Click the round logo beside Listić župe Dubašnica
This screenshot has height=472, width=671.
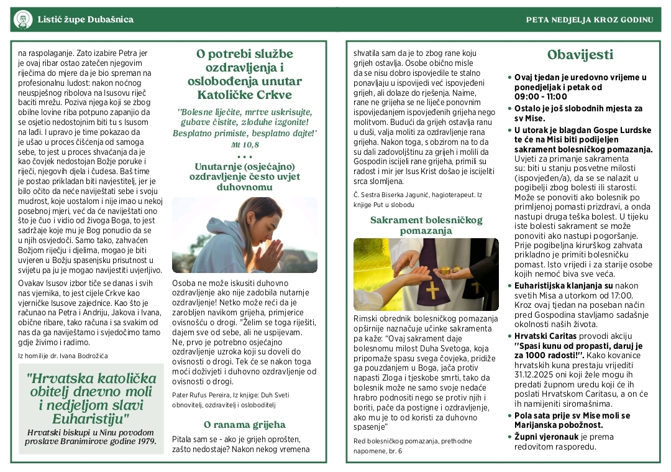coord(23,19)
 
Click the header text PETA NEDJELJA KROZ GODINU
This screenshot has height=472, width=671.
coord(589,19)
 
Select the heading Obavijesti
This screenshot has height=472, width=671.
coord(580,54)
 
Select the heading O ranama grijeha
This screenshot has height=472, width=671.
coord(245,425)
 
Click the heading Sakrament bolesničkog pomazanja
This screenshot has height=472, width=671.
coord(426,225)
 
